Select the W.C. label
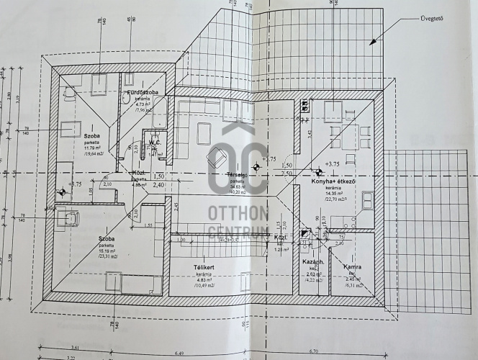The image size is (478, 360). (155, 142)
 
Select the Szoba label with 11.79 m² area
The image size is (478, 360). (91, 135)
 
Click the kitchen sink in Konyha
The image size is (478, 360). (367, 200)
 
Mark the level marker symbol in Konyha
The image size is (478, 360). (317, 171)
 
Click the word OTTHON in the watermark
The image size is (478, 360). (238, 214)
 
